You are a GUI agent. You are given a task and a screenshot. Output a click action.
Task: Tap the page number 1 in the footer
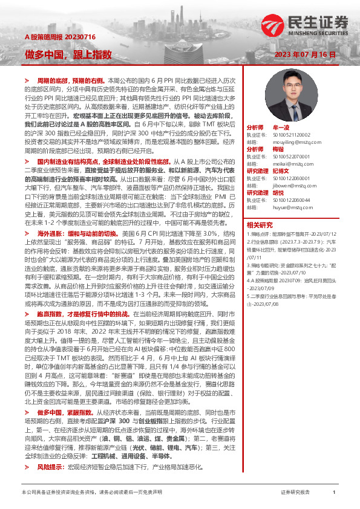(x=334, y=492)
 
